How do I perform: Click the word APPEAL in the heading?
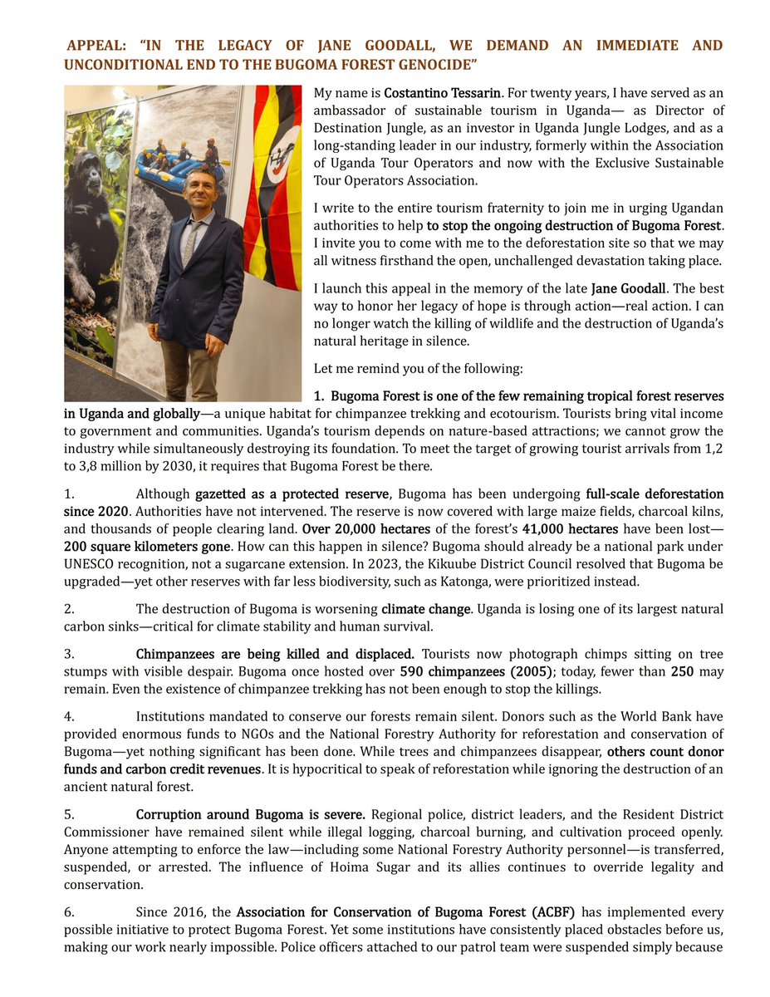[x=93, y=45]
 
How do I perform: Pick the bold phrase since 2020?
[x=95, y=511]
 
